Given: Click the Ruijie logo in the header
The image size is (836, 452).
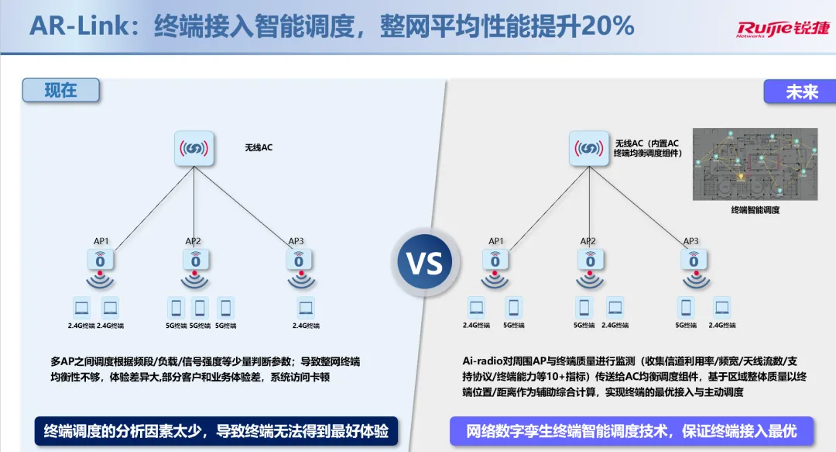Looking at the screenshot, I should pos(782,29).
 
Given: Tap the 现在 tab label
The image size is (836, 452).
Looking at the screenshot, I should pos(61,91).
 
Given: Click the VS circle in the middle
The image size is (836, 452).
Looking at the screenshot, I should pos(425,263).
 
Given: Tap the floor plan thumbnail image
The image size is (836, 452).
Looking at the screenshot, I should pos(755,164).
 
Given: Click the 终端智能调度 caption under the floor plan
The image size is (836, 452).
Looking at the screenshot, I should pos(755,209).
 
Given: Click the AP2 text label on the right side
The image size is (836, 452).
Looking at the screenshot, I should pos(588,241).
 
